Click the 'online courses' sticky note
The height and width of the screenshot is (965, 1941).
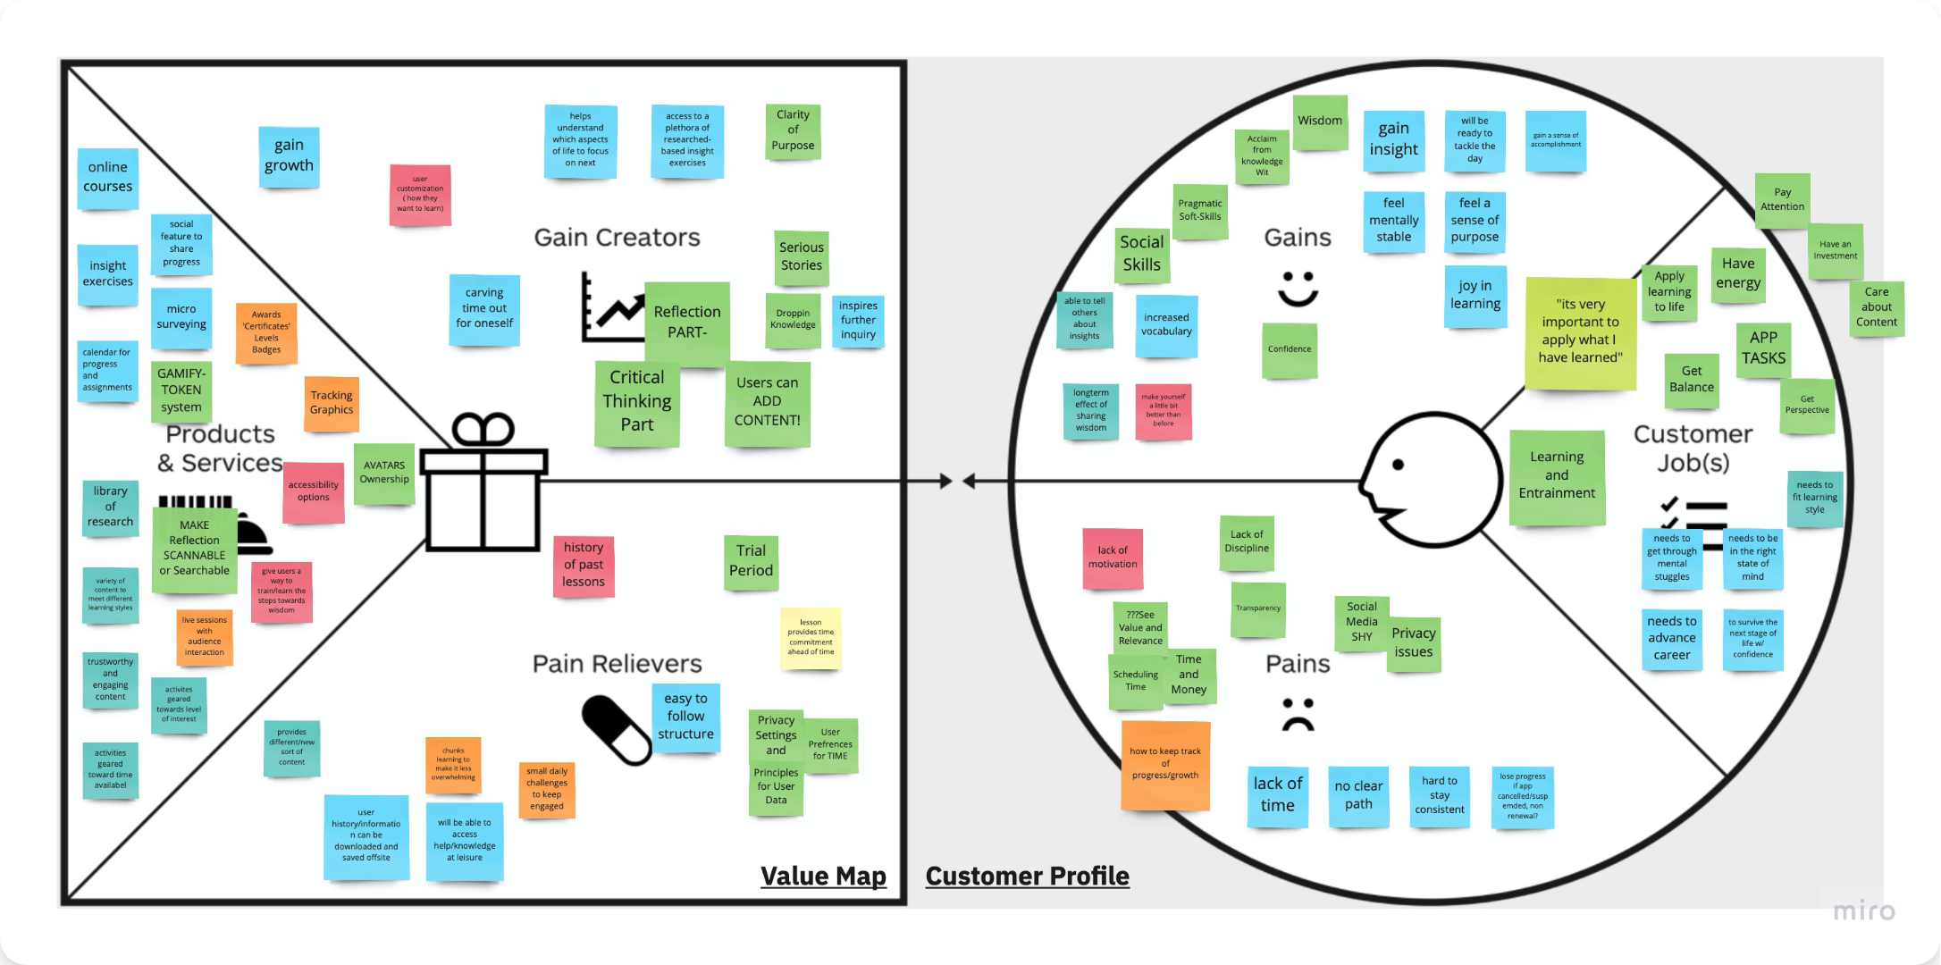click(x=107, y=178)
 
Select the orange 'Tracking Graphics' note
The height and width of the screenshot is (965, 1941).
click(x=332, y=403)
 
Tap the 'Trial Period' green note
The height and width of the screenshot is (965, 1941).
click(x=751, y=561)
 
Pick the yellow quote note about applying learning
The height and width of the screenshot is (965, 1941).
click(x=1580, y=332)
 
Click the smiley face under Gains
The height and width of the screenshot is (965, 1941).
click(x=1298, y=289)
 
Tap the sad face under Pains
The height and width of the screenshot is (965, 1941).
click(x=1298, y=714)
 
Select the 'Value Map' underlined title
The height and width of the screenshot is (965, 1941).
click(x=823, y=876)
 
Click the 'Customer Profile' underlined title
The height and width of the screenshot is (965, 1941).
click(x=1027, y=876)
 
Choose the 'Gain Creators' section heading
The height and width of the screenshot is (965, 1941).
click(x=617, y=238)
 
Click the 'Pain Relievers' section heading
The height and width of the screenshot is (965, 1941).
click(x=617, y=664)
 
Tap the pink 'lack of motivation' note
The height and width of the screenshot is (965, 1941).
click(x=1113, y=558)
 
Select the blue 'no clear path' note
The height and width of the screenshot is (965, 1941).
click(x=1358, y=795)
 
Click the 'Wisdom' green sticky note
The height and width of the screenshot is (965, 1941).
click(x=1320, y=122)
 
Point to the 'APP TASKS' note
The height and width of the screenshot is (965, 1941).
click(x=1763, y=348)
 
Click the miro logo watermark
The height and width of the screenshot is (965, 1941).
click(x=1863, y=911)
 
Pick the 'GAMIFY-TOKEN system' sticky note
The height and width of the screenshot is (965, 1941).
click(x=181, y=390)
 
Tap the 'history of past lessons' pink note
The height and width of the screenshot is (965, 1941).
click(x=584, y=565)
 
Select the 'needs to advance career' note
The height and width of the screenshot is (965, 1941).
click(x=1671, y=638)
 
